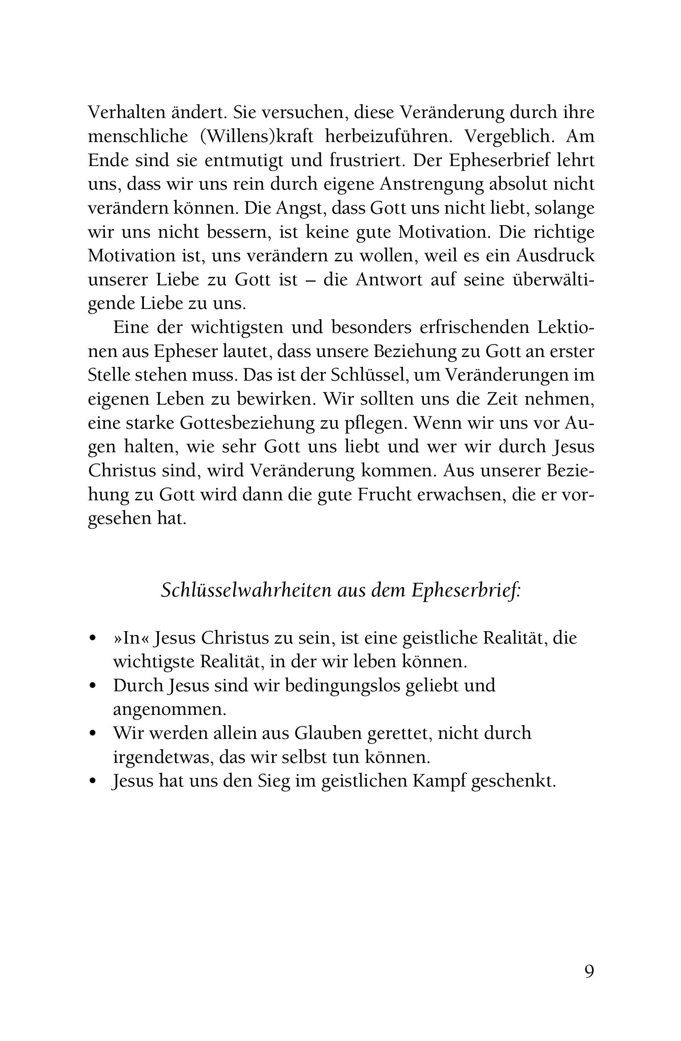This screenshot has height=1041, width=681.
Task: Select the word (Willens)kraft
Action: click(x=256, y=136)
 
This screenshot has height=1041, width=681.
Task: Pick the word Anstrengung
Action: click(x=432, y=184)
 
